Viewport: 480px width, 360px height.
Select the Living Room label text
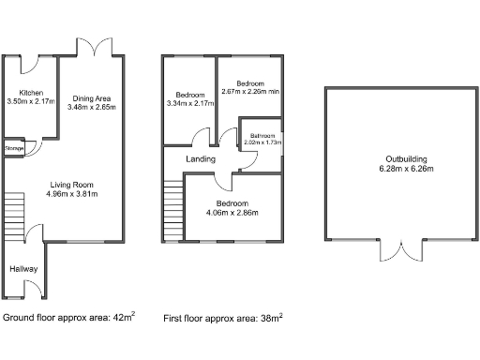pyautogui.click(x=71, y=184)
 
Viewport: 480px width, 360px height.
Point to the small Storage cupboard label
pyautogui.click(x=14, y=148)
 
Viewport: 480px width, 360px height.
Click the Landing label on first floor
pyautogui.click(x=202, y=159)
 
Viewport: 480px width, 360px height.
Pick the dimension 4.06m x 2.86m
pyautogui.click(x=232, y=213)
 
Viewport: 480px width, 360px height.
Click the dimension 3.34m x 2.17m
pyautogui.click(x=190, y=104)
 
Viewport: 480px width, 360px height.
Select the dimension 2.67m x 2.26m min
pyautogui.click(x=250, y=92)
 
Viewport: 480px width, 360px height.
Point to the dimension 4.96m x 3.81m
pyautogui.click(x=71, y=194)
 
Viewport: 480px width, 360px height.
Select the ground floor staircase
pyautogui.click(x=12, y=217)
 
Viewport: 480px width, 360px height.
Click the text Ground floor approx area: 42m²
pyautogui.click(x=68, y=318)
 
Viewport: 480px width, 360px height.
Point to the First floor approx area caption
pyautogui.click(x=223, y=318)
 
